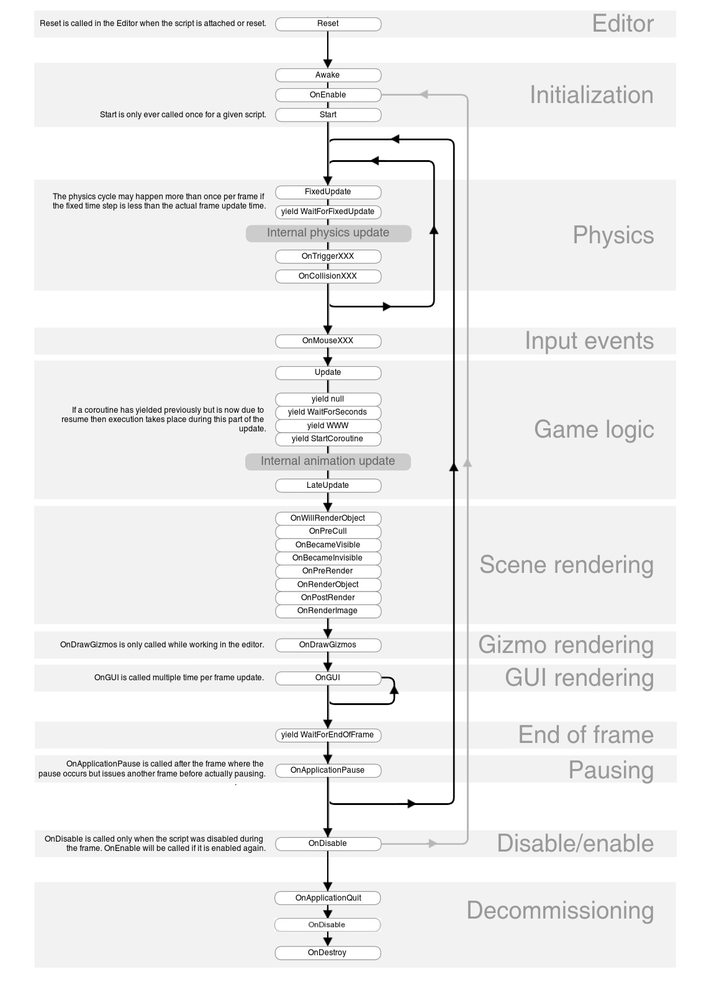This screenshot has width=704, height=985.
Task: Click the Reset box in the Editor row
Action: coord(328,24)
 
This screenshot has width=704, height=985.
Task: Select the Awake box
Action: coord(328,75)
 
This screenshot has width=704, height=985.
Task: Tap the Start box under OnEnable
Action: coord(328,115)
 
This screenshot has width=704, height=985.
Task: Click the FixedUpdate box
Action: coord(328,192)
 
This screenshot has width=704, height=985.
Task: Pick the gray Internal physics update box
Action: coord(328,233)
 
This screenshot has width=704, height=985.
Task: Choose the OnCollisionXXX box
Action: coord(328,276)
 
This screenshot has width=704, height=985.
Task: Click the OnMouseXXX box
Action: coord(328,341)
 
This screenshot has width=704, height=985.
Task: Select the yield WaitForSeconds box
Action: coord(328,412)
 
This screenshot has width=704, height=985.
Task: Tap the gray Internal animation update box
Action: coord(328,461)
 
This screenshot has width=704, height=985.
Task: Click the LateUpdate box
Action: coord(328,485)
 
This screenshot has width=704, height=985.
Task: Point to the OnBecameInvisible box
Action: coord(328,558)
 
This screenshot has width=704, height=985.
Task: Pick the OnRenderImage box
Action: coord(328,611)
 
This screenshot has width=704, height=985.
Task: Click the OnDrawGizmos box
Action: coord(328,645)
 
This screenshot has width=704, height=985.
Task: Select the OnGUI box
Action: coord(328,678)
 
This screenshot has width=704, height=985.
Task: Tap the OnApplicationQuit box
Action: coord(328,898)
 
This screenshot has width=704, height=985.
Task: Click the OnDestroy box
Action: coord(328,953)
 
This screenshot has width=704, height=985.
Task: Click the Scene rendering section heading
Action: coord(566,565)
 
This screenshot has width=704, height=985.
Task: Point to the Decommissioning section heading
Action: coord(560,911)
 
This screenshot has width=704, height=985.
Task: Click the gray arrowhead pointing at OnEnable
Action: coord(423,95)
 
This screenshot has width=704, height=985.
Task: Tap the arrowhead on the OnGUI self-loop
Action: coord(394,688)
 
